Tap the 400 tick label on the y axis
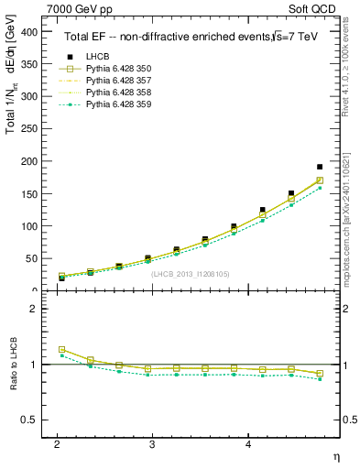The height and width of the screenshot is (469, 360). pos(28,31)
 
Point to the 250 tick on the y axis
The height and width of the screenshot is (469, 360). pos(28,128)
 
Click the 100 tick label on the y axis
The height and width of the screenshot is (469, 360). pos(28,225)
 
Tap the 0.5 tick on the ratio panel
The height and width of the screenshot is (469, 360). pos(30,420)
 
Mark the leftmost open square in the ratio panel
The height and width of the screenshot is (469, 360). pos(62,349)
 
